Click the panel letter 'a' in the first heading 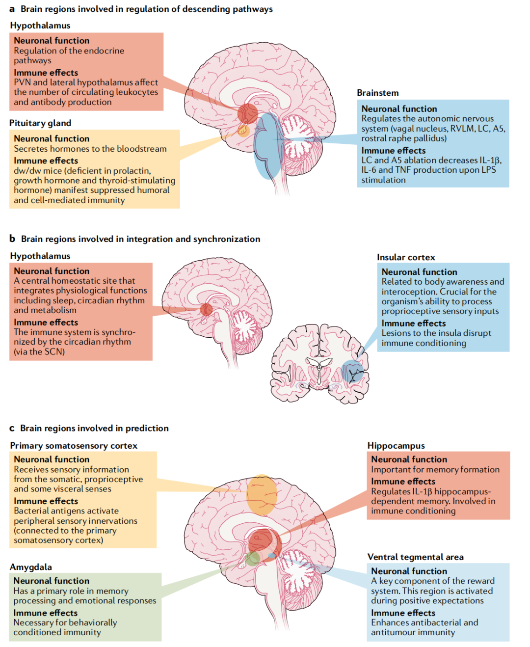(x=12, y=9)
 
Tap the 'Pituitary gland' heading (x=40, y=123)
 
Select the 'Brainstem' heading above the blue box (x=377, y=93)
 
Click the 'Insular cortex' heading (x=405, y=257)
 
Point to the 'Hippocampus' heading (x=396, y=446)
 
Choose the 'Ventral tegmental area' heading (x=415, y=557)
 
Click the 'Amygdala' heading (x=30, y=567)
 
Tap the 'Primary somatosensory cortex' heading (x=74, y=446)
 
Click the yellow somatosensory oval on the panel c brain (x=262, y=495)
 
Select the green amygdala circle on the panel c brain (x=253, y=558)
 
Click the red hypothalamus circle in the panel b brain (x=206, y=309)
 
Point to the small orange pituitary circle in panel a (x=243, y=130)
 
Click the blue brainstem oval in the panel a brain (x=268, y=147)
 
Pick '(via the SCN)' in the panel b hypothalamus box (x=39, y=351)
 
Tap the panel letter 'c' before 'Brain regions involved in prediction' (x=12, y=429)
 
